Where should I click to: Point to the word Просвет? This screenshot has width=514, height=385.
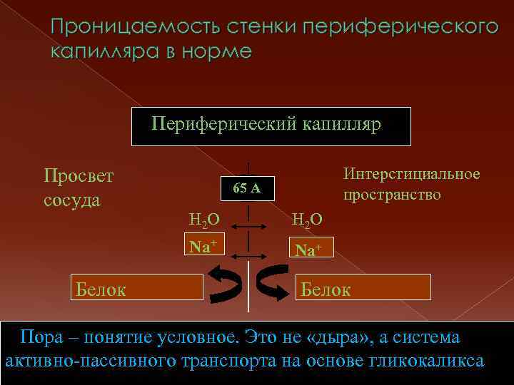[x=79, y=175]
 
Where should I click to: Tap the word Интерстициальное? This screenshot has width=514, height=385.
[x=411, y=175]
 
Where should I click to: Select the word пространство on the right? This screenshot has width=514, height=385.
[x=392, y=195]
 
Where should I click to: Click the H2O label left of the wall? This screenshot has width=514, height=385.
[x=203, y=220]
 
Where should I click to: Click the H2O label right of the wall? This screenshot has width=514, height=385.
[x=307, y=220]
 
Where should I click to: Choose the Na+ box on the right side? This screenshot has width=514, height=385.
[x=308, y=250]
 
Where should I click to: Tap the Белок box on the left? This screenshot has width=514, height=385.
[x=135, y=288]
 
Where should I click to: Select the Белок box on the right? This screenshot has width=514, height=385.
[x=363, y=288]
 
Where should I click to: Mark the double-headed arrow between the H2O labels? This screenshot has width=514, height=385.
[x=248, y=227]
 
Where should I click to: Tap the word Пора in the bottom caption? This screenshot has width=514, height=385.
[x=41, y=337]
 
